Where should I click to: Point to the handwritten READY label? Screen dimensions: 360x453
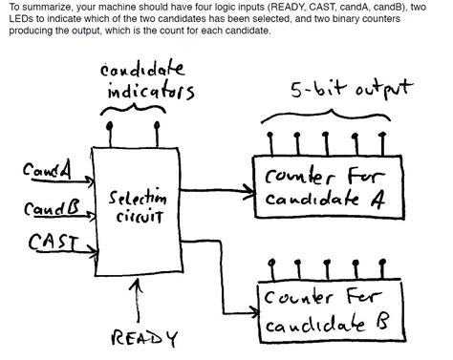click(144, 338)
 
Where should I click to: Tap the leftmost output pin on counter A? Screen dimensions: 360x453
click(270, 141)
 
